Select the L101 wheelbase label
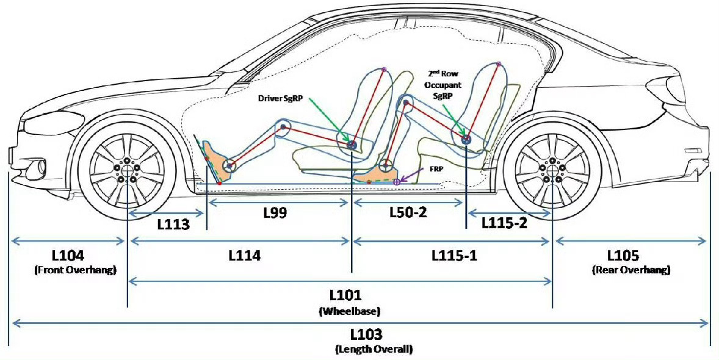coord(349,295)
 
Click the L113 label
coord(172,225)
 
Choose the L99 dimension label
coord(275,212)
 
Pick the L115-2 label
coord(504,223)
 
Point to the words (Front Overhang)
coord(76,270)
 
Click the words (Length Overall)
coord(374,350)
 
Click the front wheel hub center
coord(127,169)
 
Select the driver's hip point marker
coord(352,145)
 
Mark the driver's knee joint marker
coord(283,127)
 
